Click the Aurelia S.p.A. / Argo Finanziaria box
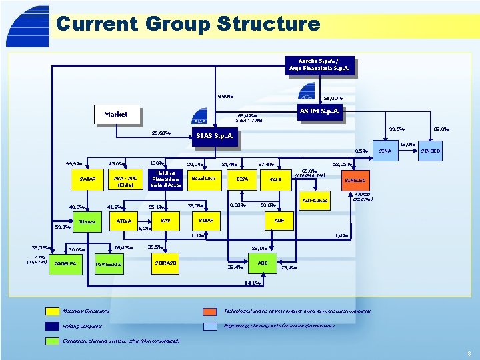[x=319, y=65]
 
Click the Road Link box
[x=203, y=179]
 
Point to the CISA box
[x=242, y=179]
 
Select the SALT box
[x=275, y=179]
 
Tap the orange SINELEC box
[x=359, y=181]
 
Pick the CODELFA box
[x=65, y=263]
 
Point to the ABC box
[x=263, y=263]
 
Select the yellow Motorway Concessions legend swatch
[x=53, y=311]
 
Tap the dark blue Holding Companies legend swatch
[x=53, y=326]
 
